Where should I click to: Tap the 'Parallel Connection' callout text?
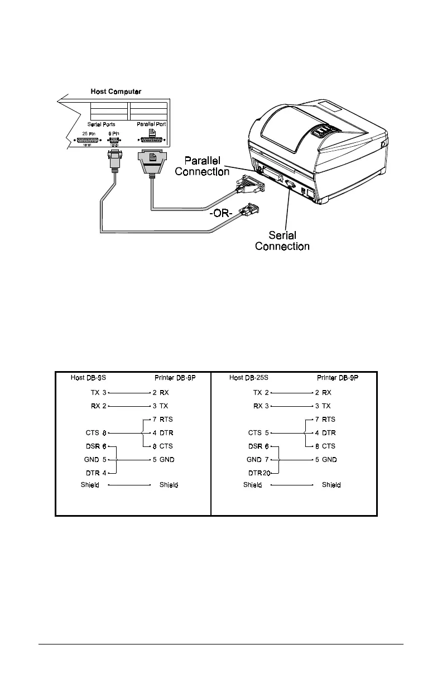point(202,166)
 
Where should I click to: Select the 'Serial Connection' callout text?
point(282,241)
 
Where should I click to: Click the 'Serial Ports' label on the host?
point(100,125)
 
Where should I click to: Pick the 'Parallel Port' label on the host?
point(152,125)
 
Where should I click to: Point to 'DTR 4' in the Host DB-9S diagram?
point(97,472)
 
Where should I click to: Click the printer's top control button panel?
point(322,132)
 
